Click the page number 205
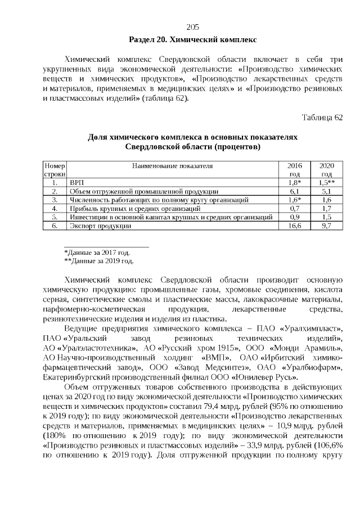193,27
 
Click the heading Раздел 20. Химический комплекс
193,40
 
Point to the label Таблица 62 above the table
322,118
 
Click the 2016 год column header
295,170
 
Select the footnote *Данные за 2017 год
97,253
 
